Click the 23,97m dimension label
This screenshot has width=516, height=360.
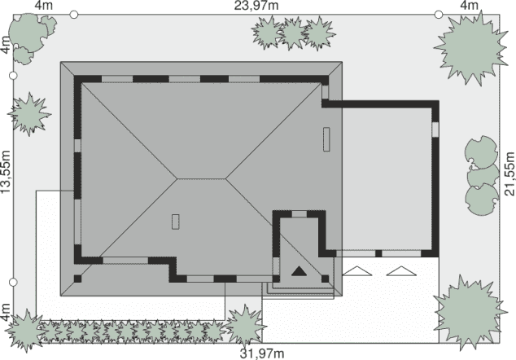point(256,5)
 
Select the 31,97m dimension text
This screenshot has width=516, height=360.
point(262,353)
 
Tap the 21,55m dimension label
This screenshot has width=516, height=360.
point(509,173)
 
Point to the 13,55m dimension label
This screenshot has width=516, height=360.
point(6,172)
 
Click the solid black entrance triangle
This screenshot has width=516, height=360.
point(299,271)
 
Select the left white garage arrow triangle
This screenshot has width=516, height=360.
point(357,271)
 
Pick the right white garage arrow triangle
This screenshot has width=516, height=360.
point(401,271)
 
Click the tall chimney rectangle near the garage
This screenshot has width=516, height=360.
point(326,139)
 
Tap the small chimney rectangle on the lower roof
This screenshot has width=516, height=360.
point(176,222)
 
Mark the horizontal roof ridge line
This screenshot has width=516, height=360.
point(201,179)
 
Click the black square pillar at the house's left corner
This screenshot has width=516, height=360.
point(77,279)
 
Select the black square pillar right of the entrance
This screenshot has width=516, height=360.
point(325,279)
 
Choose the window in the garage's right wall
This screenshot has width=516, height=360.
point(435,130)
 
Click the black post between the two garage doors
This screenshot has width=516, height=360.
point(378,253)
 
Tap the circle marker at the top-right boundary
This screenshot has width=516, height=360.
point(439,15)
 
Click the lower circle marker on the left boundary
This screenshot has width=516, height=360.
point(13,283)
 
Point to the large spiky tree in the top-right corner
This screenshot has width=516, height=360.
point(470,48)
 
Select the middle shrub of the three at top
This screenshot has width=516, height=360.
point(292,33)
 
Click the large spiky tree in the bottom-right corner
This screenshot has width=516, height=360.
point(470,312)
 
